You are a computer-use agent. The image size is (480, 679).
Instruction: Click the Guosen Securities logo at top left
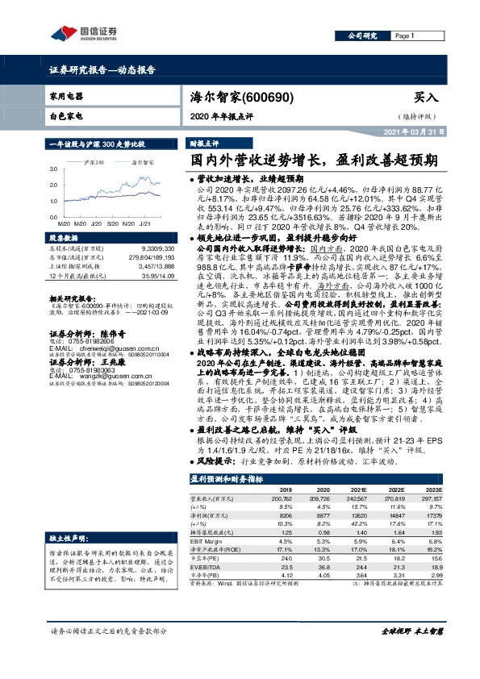click(x=78, y=34)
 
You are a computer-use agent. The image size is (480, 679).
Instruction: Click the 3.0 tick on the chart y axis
click(x=53, y=170)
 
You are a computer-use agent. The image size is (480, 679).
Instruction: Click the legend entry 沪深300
click(x=94, y=161)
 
